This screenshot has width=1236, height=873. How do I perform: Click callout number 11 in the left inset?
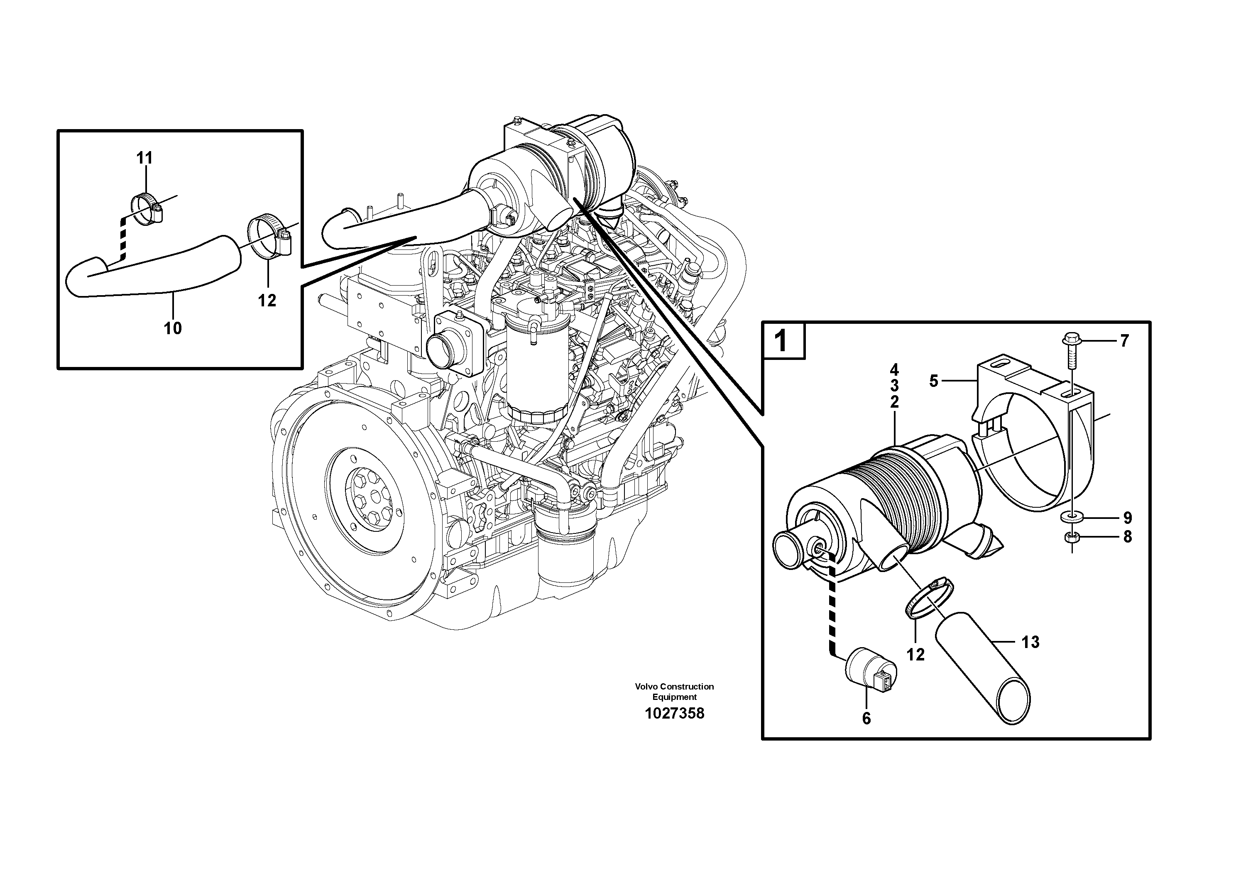tap(144, 158)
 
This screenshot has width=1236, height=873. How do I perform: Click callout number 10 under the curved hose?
tap(173, 328)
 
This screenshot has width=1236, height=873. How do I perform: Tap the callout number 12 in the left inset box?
tap(267, 300)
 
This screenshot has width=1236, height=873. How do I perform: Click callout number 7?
tap(1124, 341)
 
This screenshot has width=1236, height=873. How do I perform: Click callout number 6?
tap(866, 718)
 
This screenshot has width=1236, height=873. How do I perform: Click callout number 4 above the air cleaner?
tap(894, 370)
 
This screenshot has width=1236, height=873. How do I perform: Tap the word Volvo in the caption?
tap(646, 686)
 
